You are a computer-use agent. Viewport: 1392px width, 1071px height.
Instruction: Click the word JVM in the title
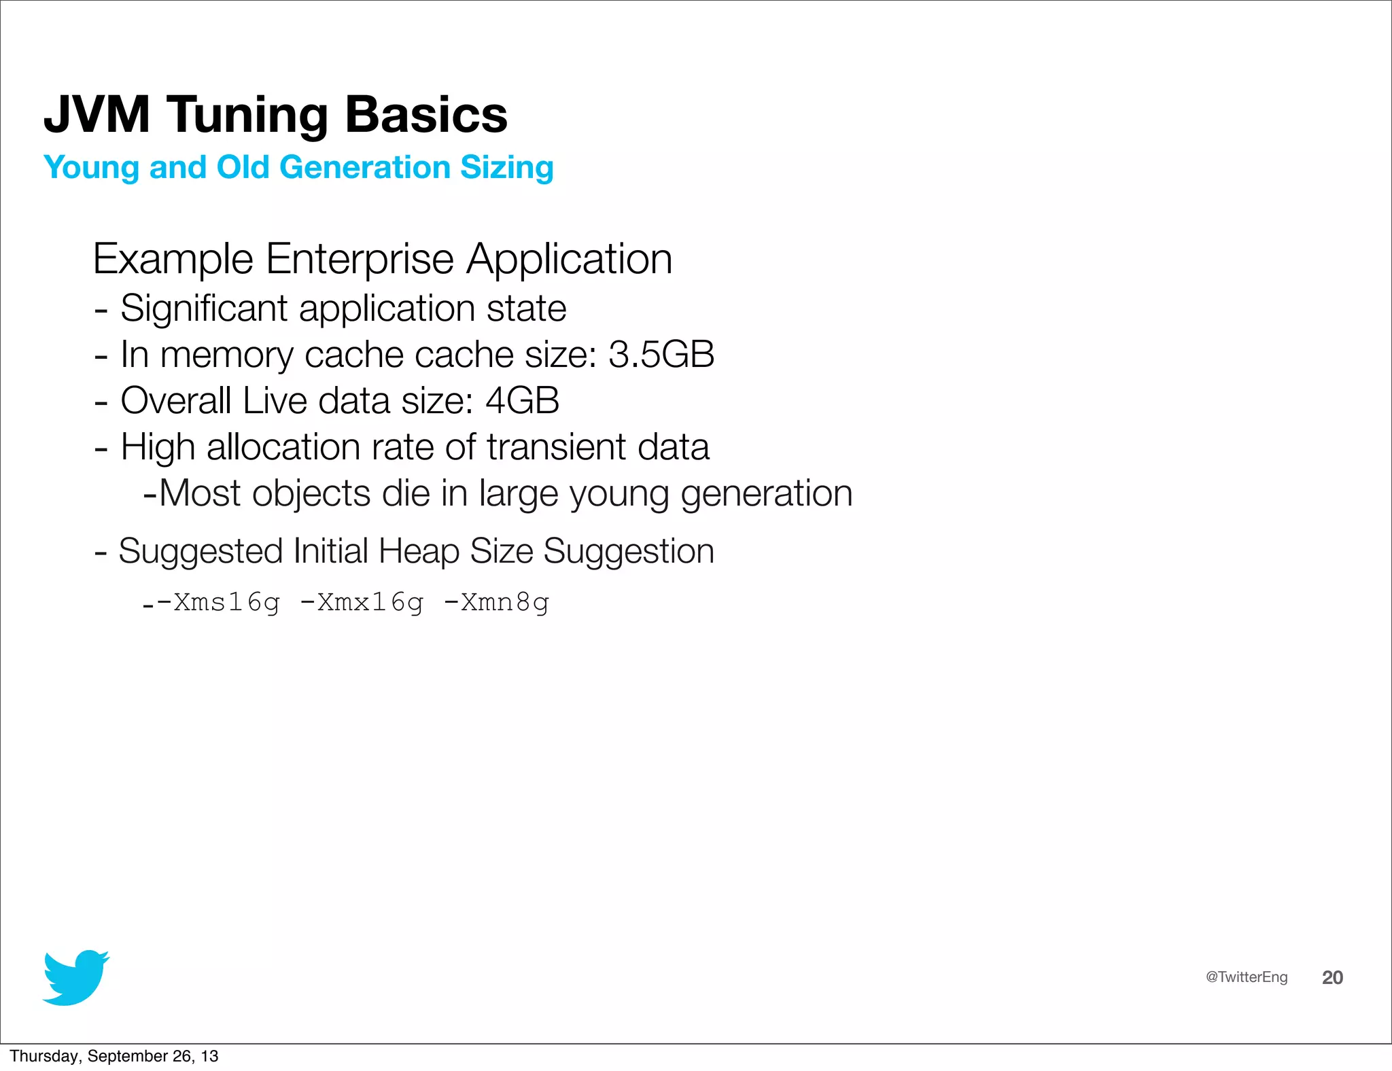(97, 114)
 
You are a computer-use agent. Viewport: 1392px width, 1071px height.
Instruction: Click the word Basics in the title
(426, 114)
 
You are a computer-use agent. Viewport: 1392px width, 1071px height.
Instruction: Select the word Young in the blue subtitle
(92, 168)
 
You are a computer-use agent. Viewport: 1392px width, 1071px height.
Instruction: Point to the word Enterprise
(360, 259)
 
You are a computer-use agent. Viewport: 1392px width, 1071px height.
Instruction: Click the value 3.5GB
(661, 355)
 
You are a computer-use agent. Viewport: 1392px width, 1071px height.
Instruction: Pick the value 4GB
(522, 400)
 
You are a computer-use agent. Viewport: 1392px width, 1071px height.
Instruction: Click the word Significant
(204, 309)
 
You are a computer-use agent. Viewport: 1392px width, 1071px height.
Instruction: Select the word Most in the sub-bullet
(199, 493)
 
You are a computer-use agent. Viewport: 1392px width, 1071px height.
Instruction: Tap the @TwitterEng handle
(1247, 977)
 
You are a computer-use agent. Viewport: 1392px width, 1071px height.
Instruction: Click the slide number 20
(1332, 977)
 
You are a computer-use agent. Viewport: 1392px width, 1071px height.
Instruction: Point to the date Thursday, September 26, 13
(114, 1056)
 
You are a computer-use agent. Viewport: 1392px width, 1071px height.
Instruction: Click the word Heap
(419, 551)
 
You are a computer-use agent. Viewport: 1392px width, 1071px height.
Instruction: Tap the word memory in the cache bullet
(227, 355)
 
